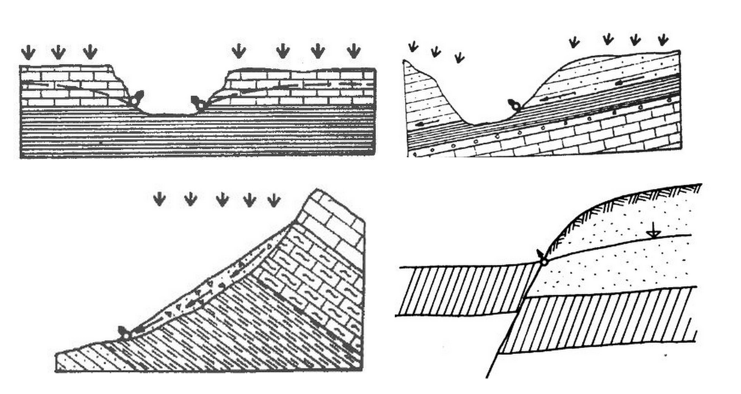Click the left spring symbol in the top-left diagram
tap(134, 101)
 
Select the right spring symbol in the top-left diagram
tap(200, 106)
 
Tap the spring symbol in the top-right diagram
tap(516, 107)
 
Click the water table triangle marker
tap(654, 234)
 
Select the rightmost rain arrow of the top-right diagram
tap(663, 40)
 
